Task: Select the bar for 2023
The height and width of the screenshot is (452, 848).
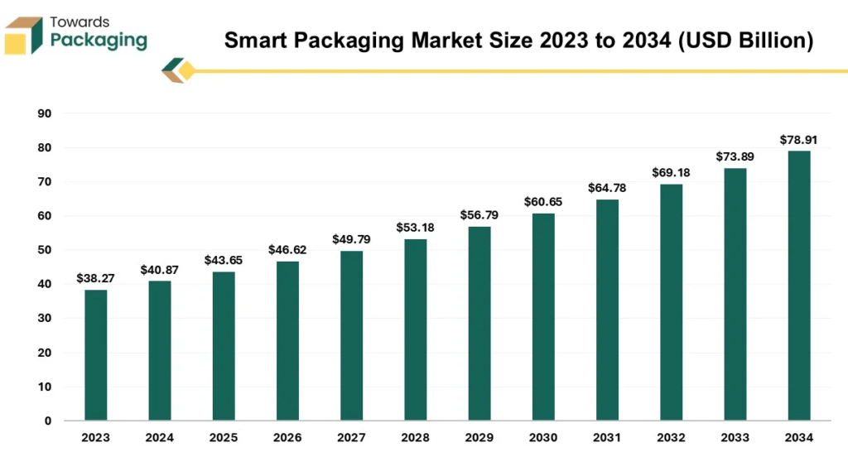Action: click(x=95, y=355)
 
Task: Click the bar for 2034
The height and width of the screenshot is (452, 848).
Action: click(x=799, y=286)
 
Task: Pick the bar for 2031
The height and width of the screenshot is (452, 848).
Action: click(x=607, y=310)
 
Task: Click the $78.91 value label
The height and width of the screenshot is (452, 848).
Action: click(x=798, y=140)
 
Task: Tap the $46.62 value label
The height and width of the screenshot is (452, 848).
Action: click(x=287, y=249)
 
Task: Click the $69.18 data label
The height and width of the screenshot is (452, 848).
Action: click(x=671, y=173)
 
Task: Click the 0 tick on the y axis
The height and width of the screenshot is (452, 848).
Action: click(x=47, y=421)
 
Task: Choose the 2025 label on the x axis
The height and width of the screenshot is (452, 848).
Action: click(x=223, y=437)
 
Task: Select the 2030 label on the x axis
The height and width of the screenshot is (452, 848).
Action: click(x=543, y=437)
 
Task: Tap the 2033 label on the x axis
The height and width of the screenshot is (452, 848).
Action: click(x=735, y=437)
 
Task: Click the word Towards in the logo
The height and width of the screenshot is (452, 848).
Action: click(x=79, y=22)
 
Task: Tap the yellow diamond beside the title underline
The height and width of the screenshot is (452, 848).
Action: click(x=186, y=71)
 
